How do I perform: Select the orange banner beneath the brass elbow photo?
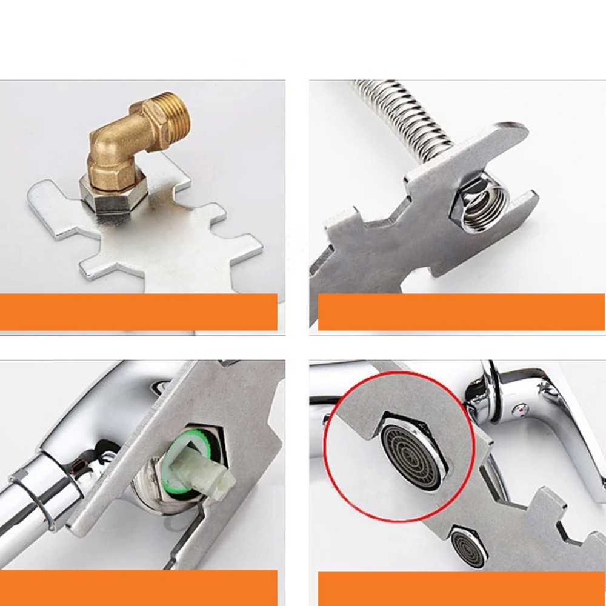click(x=139, y=311)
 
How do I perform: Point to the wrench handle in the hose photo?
click(x=339, y=267)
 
